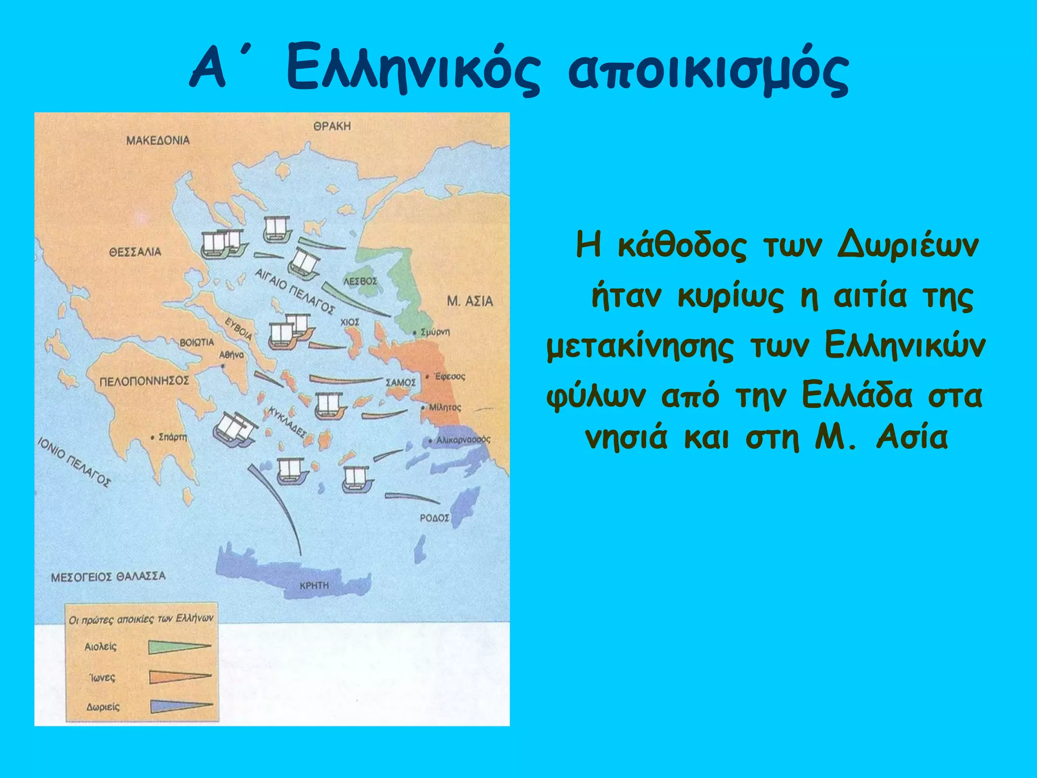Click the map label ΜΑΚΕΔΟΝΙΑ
pos(157,140)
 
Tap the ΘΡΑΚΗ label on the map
pos(332,126)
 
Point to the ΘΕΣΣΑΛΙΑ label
pos(135,252)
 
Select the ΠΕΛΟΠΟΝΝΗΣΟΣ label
pos(144,381)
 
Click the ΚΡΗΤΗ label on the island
pos(314,586)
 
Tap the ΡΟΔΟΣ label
pos(434,518)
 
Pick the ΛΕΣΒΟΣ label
pos(361,281)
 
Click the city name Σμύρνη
pos(435,332)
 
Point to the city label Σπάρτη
pos(172,437)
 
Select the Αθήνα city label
pos(231,355)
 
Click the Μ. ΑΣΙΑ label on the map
pos(470,301)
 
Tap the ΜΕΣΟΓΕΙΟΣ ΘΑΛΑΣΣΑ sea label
pos(108,576)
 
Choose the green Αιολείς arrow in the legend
pos(179,647)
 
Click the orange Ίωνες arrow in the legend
pos(180,677)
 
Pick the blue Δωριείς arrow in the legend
pos(181,706)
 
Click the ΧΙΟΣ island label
pos(350,322)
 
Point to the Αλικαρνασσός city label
pos(463,440)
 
